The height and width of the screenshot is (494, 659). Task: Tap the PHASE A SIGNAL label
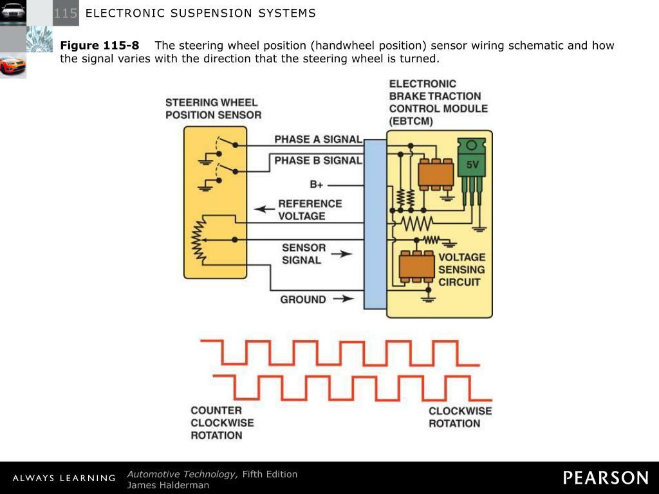tap(318, 140)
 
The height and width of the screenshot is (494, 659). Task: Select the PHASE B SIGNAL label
tap(318, 160)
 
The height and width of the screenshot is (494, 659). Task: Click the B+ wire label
tap(317, 185)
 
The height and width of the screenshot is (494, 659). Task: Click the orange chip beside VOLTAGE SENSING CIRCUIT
tap(416, 266)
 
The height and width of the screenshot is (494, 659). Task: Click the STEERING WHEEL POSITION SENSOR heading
tap(213, 109)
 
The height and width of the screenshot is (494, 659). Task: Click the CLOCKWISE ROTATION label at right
tap(459, 417)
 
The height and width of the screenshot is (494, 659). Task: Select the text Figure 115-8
tap(99, 46)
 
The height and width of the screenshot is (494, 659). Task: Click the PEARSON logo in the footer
tap(606, 478)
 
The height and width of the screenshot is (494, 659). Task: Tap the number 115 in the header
tap(65, 14)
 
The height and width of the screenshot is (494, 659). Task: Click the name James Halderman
tap(168, 485)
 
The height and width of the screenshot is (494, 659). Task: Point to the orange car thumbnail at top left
tap(13, 65)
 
